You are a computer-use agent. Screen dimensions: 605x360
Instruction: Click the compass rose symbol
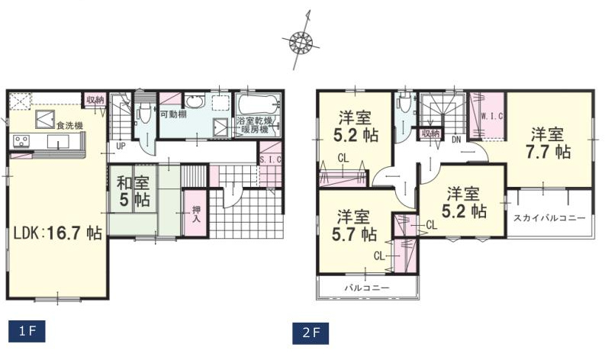301,40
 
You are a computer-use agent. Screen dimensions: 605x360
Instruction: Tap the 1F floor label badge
27,331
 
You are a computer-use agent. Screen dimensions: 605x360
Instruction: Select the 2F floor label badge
311,333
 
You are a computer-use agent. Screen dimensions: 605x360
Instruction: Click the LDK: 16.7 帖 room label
57,233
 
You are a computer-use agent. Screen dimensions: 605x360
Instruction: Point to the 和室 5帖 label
133,191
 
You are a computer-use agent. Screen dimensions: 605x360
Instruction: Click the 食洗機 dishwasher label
69,125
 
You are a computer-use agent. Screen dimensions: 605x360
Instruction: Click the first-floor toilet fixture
145,112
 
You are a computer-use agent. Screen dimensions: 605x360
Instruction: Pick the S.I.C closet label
270,159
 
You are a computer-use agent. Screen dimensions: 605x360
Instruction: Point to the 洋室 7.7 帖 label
548,143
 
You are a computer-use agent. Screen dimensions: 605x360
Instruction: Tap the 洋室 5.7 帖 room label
354,226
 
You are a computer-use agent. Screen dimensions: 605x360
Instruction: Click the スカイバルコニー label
549,218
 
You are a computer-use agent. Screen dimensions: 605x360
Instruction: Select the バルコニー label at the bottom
367,288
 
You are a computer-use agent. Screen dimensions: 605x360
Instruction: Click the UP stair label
121,146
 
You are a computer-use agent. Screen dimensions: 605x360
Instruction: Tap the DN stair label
456,140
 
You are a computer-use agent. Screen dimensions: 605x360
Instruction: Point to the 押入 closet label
197,214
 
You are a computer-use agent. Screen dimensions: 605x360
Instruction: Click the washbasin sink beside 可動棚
195,102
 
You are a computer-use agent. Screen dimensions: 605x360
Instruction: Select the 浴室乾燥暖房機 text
255,124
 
